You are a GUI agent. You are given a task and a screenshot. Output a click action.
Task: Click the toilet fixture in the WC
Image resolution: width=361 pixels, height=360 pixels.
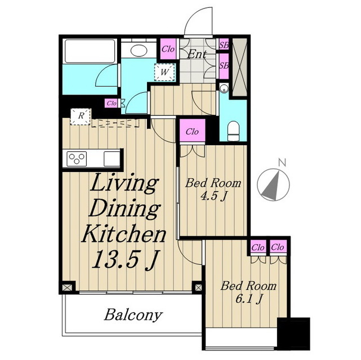pos(233,130)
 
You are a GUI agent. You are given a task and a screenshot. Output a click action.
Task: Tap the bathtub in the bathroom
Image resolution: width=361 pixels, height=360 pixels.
pos(90,51)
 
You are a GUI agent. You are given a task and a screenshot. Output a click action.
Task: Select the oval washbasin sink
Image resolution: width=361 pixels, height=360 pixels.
pos(139,50)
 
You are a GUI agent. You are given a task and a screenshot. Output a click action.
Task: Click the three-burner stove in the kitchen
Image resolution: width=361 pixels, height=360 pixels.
pos(77,159)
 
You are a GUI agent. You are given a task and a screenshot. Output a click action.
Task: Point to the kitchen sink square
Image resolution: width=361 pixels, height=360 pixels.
pos(112,159)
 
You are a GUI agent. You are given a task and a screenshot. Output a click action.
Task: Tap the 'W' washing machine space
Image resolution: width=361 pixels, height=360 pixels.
pos(164,72)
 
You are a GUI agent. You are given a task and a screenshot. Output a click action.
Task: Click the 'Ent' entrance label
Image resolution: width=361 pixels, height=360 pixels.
pos(197,55)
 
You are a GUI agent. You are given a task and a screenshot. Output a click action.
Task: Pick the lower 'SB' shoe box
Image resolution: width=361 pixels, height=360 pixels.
pos(224,66)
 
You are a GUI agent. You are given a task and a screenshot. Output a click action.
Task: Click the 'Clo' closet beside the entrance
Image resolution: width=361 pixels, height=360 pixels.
pos(168,49)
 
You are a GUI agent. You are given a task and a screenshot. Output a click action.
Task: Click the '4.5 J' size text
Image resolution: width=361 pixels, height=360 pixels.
pos(213,196)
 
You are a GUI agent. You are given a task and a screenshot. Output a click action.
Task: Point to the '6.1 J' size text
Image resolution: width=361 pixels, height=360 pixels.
pos(249,299)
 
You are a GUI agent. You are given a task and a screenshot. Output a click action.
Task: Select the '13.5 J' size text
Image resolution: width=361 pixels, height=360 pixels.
pos(126,259)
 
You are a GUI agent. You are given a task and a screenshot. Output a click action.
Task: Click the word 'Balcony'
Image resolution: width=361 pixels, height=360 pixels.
pos(133,314)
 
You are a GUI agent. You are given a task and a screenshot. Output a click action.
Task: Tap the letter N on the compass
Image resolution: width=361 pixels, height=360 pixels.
pos(282,163)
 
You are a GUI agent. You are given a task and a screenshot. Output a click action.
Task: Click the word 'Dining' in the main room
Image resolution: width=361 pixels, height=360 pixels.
pos(124,209)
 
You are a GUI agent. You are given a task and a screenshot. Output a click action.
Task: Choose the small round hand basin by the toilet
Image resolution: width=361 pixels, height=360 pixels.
pos(224,88)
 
